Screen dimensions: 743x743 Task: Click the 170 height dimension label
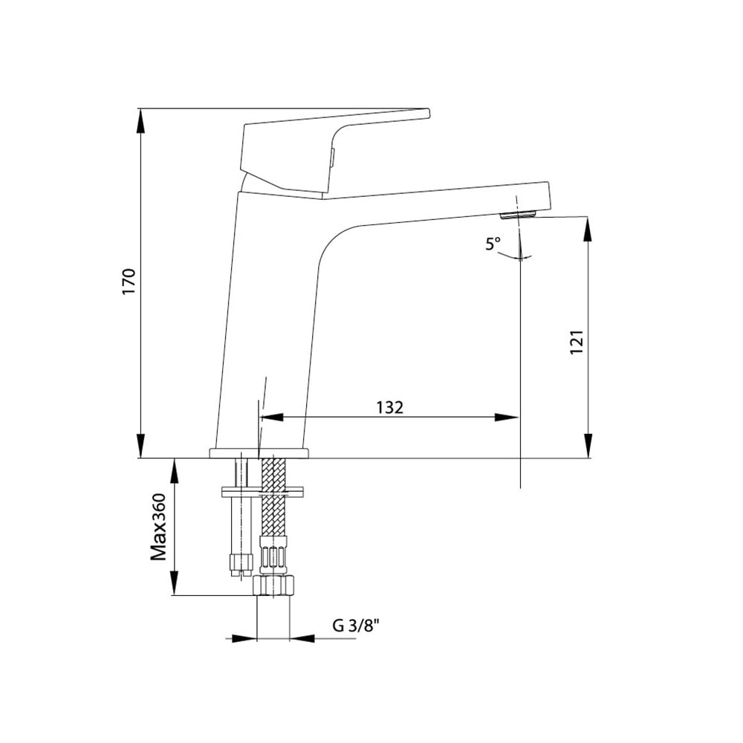[x=129, y=282]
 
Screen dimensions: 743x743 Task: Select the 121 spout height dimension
[x=577, y=342]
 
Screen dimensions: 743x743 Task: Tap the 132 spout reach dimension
[x=389, y=407]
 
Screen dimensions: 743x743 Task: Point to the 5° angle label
[x=493, y=244]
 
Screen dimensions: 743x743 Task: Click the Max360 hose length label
[x=159, y=527]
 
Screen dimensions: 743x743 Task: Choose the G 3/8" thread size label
[x=357, y=626]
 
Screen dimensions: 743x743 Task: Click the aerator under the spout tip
[x=518, y=215]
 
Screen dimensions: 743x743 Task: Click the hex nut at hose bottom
[x=274, y=585]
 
